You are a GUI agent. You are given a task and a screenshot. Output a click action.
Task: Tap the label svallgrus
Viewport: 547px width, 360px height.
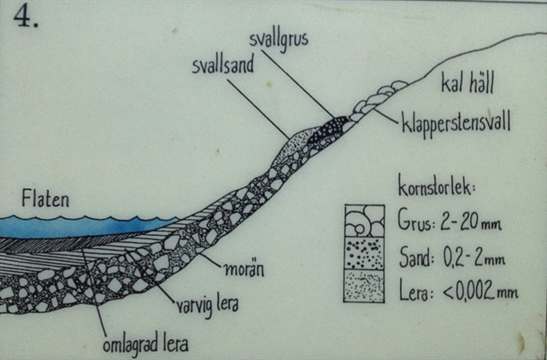[278, 40]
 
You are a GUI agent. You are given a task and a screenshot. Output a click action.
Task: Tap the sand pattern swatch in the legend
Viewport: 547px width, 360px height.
[364, 253]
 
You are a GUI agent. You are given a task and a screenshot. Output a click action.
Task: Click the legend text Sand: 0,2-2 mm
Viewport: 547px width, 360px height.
[450, 255]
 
